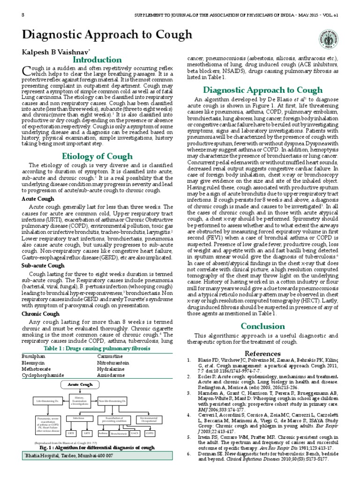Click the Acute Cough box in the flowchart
[81, 384]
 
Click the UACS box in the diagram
[135, 434]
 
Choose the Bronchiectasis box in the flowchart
[119, 434]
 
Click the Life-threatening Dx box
[47, 401]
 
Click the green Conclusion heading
[256, 326]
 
